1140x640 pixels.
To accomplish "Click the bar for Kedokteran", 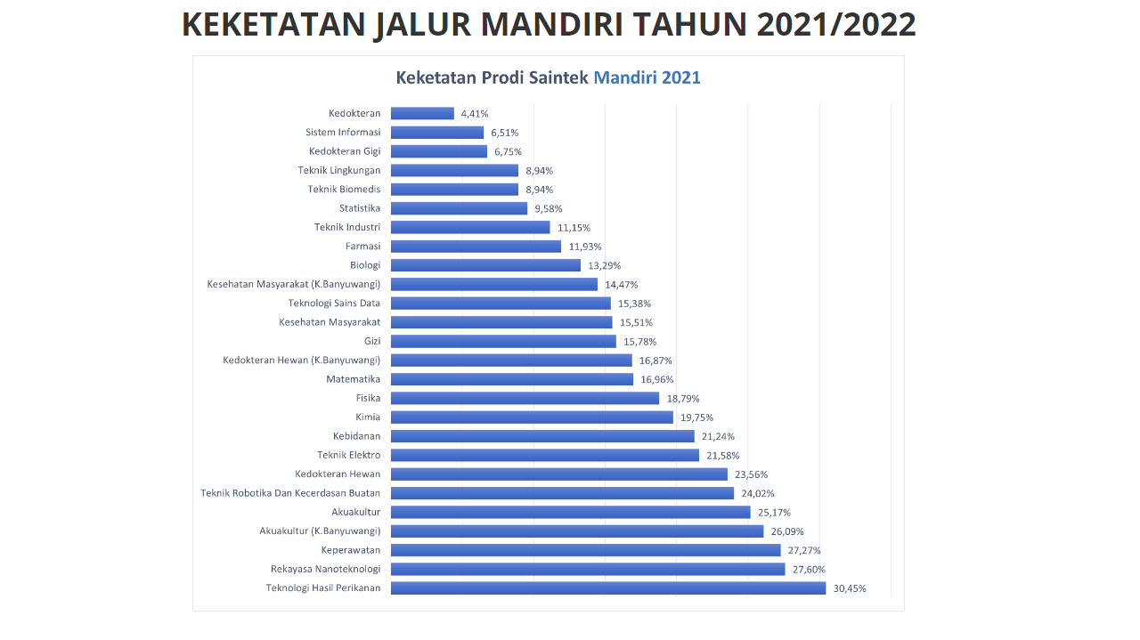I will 422,113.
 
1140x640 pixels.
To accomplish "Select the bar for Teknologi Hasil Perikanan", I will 608,588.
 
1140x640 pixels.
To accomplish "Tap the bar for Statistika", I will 459,208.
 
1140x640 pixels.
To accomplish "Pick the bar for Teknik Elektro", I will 545,456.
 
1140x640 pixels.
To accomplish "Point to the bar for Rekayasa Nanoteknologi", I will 588,569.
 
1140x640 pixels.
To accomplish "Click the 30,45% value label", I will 850,588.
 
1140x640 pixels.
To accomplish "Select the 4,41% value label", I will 475,114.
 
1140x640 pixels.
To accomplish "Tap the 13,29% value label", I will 605,266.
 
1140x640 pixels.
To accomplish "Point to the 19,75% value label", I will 696,417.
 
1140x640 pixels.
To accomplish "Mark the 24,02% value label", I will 758,494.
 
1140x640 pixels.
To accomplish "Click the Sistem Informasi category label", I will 343,133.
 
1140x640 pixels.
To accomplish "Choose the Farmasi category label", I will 362,247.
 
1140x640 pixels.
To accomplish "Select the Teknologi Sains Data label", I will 334,304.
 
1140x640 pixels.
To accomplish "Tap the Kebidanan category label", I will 356,436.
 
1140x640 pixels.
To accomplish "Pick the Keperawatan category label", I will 351,550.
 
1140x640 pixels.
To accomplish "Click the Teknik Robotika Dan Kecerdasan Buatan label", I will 290,493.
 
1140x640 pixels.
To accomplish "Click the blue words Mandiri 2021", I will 647,77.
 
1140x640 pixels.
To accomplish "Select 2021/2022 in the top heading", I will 836,25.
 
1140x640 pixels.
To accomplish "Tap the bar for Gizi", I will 503,342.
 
